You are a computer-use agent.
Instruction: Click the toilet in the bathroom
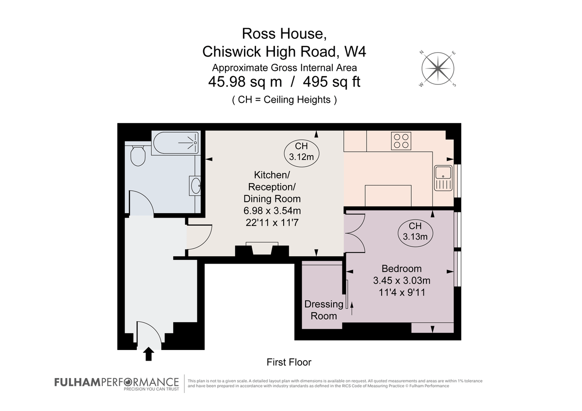(x=138, y=155)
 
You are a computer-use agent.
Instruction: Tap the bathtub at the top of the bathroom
(x=175, y=143)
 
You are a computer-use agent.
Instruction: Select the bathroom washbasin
(x=195, y=185)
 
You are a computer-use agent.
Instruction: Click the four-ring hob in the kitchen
(x=401, y=141)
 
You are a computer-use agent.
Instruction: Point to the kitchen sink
(x=443, y=177)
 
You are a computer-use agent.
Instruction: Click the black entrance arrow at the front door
(x=148, y=354)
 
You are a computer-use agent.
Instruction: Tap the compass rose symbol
(x=438, y=68)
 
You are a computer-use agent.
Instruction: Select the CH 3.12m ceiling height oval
(x=301, y=152)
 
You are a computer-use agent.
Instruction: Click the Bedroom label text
(x=402, y=269)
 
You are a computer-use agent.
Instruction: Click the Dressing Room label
(x=323, y=310)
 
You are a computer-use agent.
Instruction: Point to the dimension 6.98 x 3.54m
(x=272, y=210)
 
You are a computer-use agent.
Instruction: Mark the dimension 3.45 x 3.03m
(x=402, y=280)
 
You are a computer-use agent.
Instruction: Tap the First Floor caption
(x=289, y=362)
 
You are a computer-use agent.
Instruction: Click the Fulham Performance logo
(x=116, y=383)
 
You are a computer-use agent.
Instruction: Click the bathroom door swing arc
(x=143, y=201)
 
